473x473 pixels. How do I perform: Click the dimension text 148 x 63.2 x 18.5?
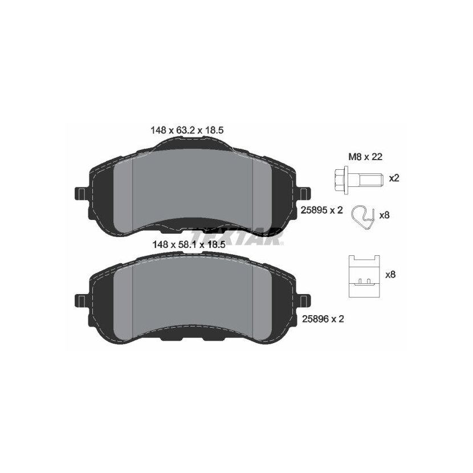(x=187, y=131)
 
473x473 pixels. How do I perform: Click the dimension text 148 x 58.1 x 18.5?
(x=189, y=244)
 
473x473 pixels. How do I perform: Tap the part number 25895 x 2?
(x=322, y=210)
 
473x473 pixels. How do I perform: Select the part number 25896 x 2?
(x=323, y=319)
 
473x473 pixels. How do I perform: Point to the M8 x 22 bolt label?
(x=365, y=157)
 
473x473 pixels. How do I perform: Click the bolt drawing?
(x=359, y=178)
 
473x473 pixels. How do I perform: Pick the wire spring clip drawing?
(x=362, y=217)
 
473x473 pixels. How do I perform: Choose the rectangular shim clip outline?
(x=364, y=276)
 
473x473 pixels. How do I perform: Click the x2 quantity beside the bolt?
(x=394, y=178)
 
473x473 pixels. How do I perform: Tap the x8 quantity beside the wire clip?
(x=384, y=215)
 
